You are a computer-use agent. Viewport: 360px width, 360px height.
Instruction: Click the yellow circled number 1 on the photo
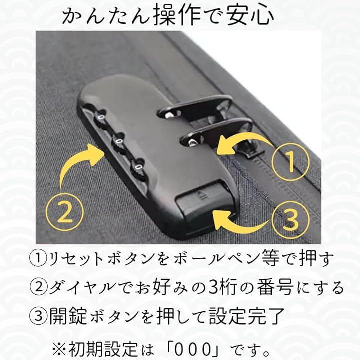coord(290,162)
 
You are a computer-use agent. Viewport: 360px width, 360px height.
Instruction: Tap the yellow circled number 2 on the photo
coord(65,212)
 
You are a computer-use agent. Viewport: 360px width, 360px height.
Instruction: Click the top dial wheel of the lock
coord(101,118)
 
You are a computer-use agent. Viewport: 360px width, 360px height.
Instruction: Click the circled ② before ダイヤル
coord(38,287)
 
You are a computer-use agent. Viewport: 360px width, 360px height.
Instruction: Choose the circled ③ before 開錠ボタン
coord(38,316)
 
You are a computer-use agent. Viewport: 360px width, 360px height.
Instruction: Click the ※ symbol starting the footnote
coord(59,350)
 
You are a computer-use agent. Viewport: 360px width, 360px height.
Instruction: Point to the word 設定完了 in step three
coord(247,316)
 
